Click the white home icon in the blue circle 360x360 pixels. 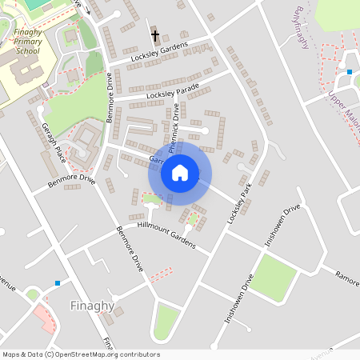pos(180,173)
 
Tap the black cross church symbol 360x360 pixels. pos(154,35)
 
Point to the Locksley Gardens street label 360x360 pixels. pos(159,52)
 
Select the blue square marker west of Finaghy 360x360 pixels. pos(57,283)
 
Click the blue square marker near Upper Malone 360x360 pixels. pos(349,72)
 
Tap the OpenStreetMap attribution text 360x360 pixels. pos(81,354)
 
